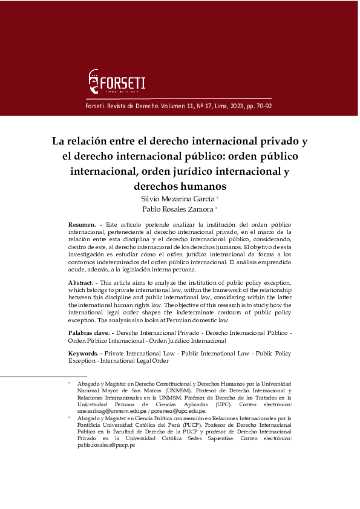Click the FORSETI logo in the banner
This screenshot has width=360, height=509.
(117, 82)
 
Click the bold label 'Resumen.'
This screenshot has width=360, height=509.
(82, 225)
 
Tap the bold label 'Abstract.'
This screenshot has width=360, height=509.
(82, 282)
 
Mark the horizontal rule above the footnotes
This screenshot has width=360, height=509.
(36, 376)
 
